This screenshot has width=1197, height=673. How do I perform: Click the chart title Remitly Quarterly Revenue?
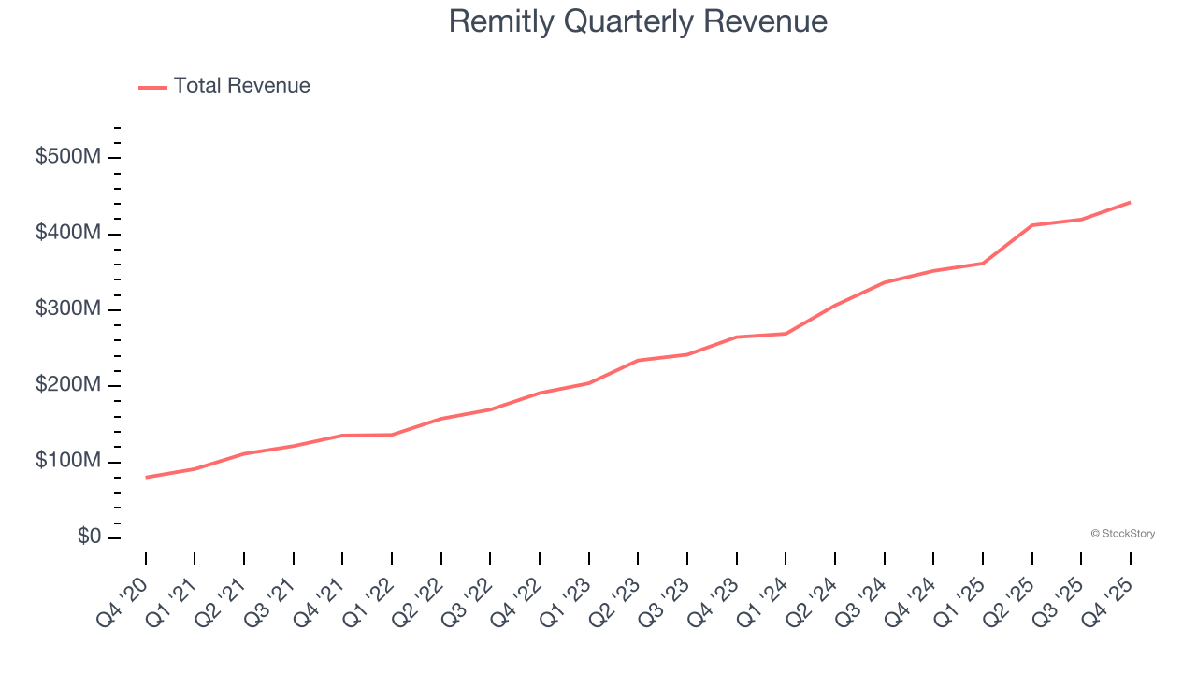point(638,21)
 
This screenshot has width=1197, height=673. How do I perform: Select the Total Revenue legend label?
point(241,86)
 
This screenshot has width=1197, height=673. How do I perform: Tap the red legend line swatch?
point(152,87)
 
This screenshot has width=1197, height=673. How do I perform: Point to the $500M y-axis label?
point(68,157)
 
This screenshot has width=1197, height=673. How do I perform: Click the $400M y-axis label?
point(68,233)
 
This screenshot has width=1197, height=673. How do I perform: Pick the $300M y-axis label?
point(68,309)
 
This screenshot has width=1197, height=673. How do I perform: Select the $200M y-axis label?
point(68,386)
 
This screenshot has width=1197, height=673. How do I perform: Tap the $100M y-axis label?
point(68,462)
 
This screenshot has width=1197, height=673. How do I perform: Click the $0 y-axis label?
point(89,537)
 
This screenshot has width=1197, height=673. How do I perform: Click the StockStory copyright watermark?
point(1122,534)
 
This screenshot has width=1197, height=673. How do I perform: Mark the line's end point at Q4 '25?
point(1130,202)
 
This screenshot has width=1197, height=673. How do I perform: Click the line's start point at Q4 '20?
point(146,477)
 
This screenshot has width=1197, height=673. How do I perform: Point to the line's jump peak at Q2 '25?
point(1031,225)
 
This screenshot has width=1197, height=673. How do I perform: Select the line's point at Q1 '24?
point(786,334)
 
